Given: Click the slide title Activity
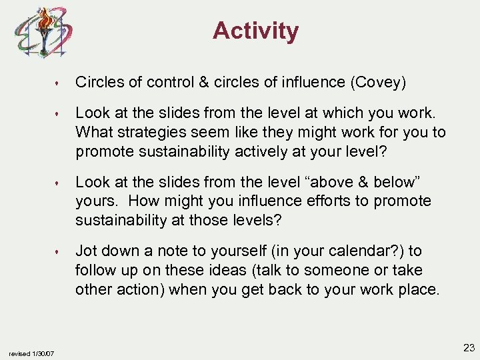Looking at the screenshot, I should point(256,31).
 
